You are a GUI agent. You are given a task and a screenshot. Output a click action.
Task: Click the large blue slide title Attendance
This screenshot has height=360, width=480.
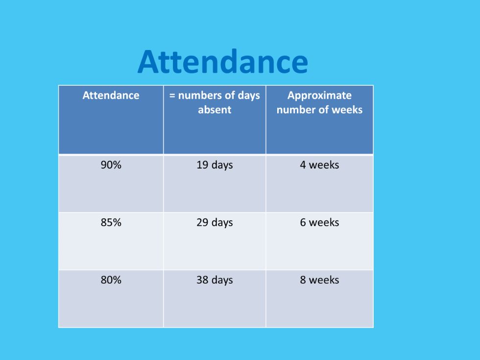pyautogui.click(x=223, y=62)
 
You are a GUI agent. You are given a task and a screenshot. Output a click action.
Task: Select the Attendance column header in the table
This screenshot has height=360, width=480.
pyautogui.click(x=111, y=95)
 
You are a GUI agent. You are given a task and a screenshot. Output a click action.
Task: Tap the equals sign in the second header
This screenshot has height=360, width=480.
pyautogui.click(x=172, y=96)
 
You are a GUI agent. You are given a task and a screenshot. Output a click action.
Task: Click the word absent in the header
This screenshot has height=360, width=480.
pyautogui.click(x=215, y=110)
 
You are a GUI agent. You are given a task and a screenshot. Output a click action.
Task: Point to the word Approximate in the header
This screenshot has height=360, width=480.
pyautogui.click(x=319, y=96)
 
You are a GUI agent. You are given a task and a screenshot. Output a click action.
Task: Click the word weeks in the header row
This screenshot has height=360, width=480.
pyautogui.click(x=347, y=110)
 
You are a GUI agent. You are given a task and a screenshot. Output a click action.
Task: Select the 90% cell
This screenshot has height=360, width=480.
pyautogui.click(x=111, y=165)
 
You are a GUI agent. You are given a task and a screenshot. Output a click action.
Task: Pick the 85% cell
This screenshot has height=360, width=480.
pyautogui.click(x=111, y=222)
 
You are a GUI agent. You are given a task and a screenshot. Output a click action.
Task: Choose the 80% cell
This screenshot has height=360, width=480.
pyautogui.click(x=111, y=280)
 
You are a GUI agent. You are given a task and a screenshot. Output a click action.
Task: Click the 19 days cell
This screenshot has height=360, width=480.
pyautogui.click(x=215, y=165)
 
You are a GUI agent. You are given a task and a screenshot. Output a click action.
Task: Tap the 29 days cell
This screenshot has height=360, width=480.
pyautogui.click(x=215, y=222)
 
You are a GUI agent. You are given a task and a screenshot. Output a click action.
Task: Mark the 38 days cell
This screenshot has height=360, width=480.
pyautogui.click(x=215, y=280)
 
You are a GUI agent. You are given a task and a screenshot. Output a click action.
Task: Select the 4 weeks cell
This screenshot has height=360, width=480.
pyautogui.click(x=319, y=165)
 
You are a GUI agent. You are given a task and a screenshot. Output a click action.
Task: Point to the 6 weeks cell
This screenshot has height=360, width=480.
pyautogui.click(x=319, y=222)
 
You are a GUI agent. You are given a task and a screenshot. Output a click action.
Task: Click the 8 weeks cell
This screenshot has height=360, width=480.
pyautogui.click(x=319, y=280)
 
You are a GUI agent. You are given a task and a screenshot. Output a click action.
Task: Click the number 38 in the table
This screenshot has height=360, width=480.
pyautogui.click(x=202, y=280)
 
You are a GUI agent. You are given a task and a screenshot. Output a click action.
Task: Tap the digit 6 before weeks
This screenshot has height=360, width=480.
pyautogui.click(x=303, y=222)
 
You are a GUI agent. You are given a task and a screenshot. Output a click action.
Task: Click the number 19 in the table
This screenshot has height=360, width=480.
pyautogui.click(x=202, y=165)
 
